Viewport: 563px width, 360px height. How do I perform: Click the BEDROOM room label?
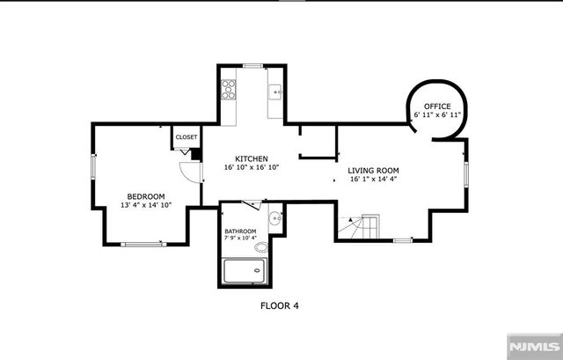pos(146,195)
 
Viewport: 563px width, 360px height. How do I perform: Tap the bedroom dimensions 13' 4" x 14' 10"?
pos(146,204)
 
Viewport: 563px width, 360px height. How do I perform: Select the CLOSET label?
pos(186,137)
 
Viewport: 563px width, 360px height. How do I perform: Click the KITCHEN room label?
pos(251,158)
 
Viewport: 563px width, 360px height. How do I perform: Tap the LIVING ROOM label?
pos(373,170)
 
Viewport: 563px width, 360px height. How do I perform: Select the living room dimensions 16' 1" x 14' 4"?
pos(373,179)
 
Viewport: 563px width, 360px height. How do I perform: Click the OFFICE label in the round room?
pos(437,107)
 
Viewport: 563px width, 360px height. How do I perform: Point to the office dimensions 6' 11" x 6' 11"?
pos(437,115)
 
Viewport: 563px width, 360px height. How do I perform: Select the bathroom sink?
pos(274,217)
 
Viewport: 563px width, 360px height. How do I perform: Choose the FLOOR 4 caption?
pos(280,306)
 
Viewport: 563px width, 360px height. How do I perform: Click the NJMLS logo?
pos(531,345)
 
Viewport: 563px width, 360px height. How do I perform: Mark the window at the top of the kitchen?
pos(253,66)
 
